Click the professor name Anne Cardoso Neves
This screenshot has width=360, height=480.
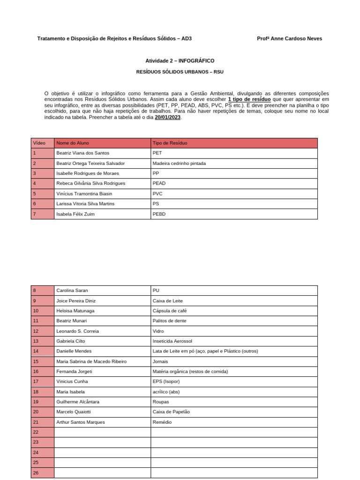tap(289, 38)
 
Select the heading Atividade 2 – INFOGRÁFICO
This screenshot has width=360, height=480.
tap(180, 61)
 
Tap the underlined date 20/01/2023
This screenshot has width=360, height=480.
tap(167, 117)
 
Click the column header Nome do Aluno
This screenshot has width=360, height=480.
tap(73, 143)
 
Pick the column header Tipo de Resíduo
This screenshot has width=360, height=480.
tap(170, 143)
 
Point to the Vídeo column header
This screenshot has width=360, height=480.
tap(39, 143)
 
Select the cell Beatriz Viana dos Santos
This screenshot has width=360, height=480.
tap(82, 153)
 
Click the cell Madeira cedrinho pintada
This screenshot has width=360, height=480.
tap(179, 163)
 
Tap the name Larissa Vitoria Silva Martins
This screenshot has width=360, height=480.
tap(85, 204)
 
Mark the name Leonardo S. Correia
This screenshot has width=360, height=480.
tap(77, 331)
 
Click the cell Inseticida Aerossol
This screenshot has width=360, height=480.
tap(172, 341)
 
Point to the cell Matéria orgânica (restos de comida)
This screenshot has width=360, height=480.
tap(190, 372)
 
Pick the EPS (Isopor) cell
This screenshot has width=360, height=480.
tap(166, 382)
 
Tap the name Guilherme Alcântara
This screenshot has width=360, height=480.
tap(78, 402)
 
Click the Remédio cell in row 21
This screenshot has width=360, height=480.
tap(162, 422)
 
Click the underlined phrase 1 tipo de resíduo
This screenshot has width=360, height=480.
tap(249, 99)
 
